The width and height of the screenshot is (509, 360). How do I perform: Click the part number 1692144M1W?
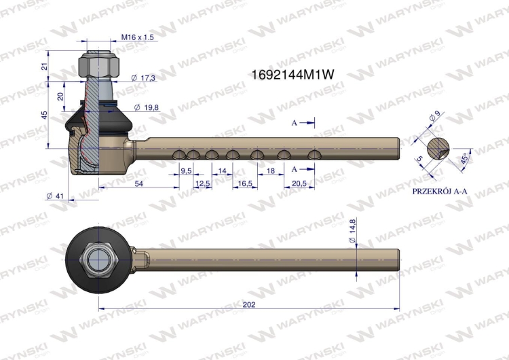293,75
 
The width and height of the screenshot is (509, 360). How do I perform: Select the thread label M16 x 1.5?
137,37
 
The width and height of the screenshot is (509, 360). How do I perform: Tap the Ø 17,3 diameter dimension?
143,78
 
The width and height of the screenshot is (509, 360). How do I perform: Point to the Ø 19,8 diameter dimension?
147,107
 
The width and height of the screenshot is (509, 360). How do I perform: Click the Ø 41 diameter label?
55,196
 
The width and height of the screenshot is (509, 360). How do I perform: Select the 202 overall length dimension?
249,304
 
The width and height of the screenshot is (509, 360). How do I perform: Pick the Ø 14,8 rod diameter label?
352,231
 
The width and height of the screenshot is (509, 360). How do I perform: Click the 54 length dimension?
139,183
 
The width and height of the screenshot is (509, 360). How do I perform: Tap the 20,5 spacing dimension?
299,183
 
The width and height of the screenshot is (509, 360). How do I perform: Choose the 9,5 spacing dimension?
186,171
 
